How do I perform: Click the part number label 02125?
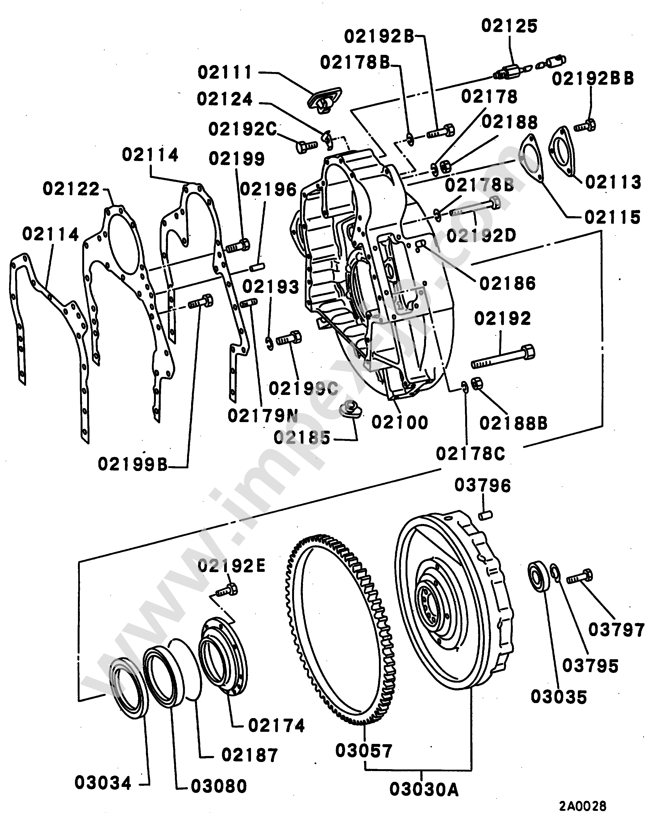pyautogui.click(x=509, y=26)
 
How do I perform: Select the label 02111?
pyautogui.click(x=225, y=72)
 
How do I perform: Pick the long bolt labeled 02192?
pyautogui.click(x=503, y=356)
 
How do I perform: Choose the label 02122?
pyautogui.click(x=71, y=188)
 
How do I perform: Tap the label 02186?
pyautogui.click(x=507, y=284)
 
